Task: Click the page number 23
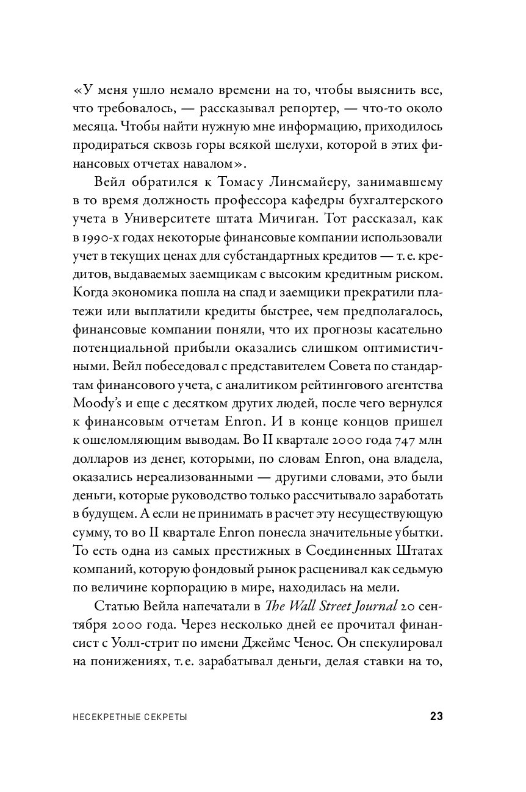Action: point(436,717)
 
